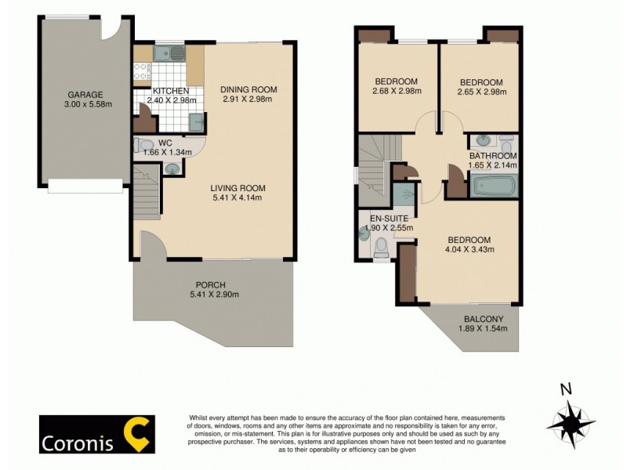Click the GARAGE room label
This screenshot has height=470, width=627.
[85, 92]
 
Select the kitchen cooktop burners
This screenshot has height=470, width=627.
[141, 72]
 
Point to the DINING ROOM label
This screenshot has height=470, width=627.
[248, 89]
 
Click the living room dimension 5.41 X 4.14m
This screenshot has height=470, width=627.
[237, 198]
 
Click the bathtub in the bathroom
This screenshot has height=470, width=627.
[493, 187]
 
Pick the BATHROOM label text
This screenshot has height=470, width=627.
[493, 155]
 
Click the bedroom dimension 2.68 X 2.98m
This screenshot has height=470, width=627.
[396, 92]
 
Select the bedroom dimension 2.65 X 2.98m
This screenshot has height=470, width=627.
[481, 92]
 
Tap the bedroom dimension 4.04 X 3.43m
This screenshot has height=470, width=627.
[469, 250]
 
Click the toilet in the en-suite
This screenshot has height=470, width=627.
[382, 248]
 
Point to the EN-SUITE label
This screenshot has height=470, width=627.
[379, 218]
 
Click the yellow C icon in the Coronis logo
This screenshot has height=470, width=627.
[139, 432]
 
